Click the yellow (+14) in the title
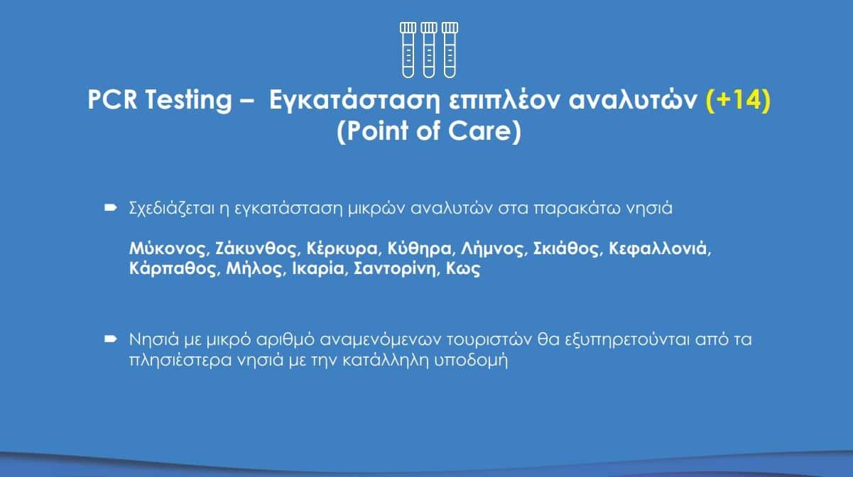(x=739, y=100)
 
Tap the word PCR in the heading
(x=112, y=99)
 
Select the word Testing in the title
(x=188, y=101)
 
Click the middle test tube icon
(x=429, y=50)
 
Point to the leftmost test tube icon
(x=408, y=50)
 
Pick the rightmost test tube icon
(x=450, y=50)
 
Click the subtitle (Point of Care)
(x=429, y=131)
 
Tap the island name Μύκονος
(x=168, y=249)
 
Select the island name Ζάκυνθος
(x=256, y=249)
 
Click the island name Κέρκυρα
(x=342, y=249)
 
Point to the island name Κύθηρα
(x=419, y=249)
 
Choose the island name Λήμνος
(x=492, y=249)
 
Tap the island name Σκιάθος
(x=566, y=249)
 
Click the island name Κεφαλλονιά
(x=658, y=249)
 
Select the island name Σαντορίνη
(x=395, y=269)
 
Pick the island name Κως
(x=463, y=269)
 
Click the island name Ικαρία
(x=318, y=269)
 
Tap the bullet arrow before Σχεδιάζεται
(x=110, y=208)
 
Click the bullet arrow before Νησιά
(x=110, y=339)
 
